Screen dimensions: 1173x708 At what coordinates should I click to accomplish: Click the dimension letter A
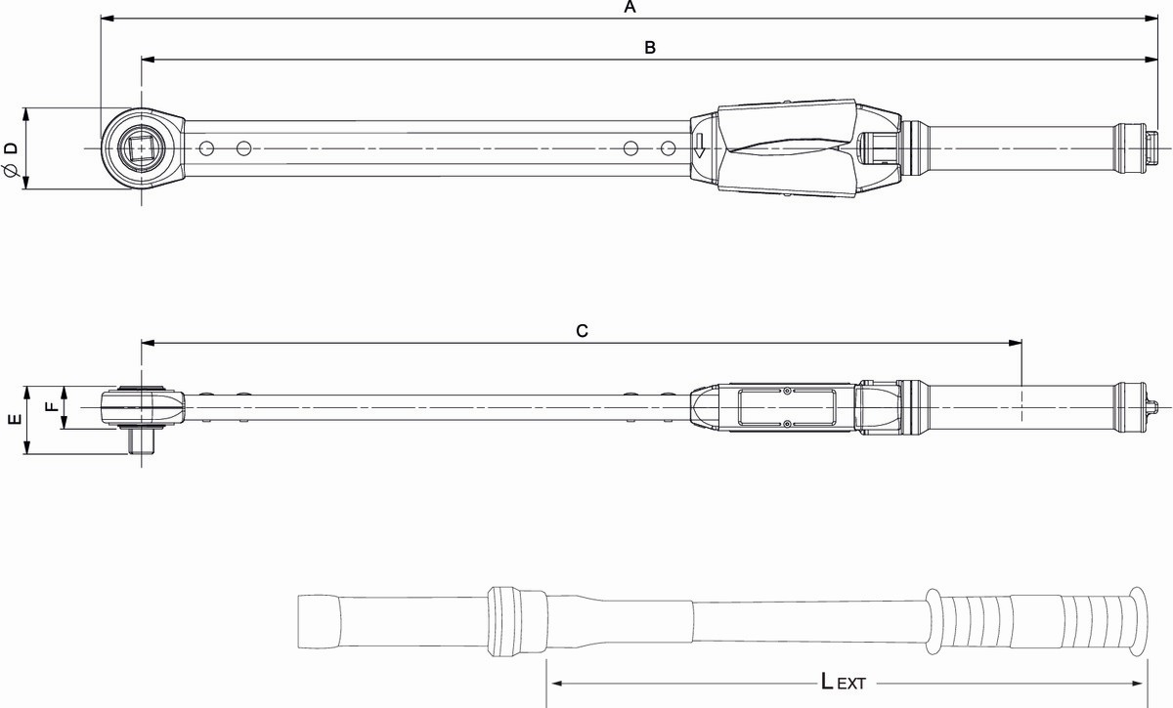[630, 7]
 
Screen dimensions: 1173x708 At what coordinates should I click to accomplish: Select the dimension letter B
[650, 48]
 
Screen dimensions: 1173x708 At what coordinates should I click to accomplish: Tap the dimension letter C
[582, 331]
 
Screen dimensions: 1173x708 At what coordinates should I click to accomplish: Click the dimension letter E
[16, 419]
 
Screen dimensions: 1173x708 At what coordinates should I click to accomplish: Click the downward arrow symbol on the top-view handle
[699, 146]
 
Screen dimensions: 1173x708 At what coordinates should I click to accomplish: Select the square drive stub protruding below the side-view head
[141, 441]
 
